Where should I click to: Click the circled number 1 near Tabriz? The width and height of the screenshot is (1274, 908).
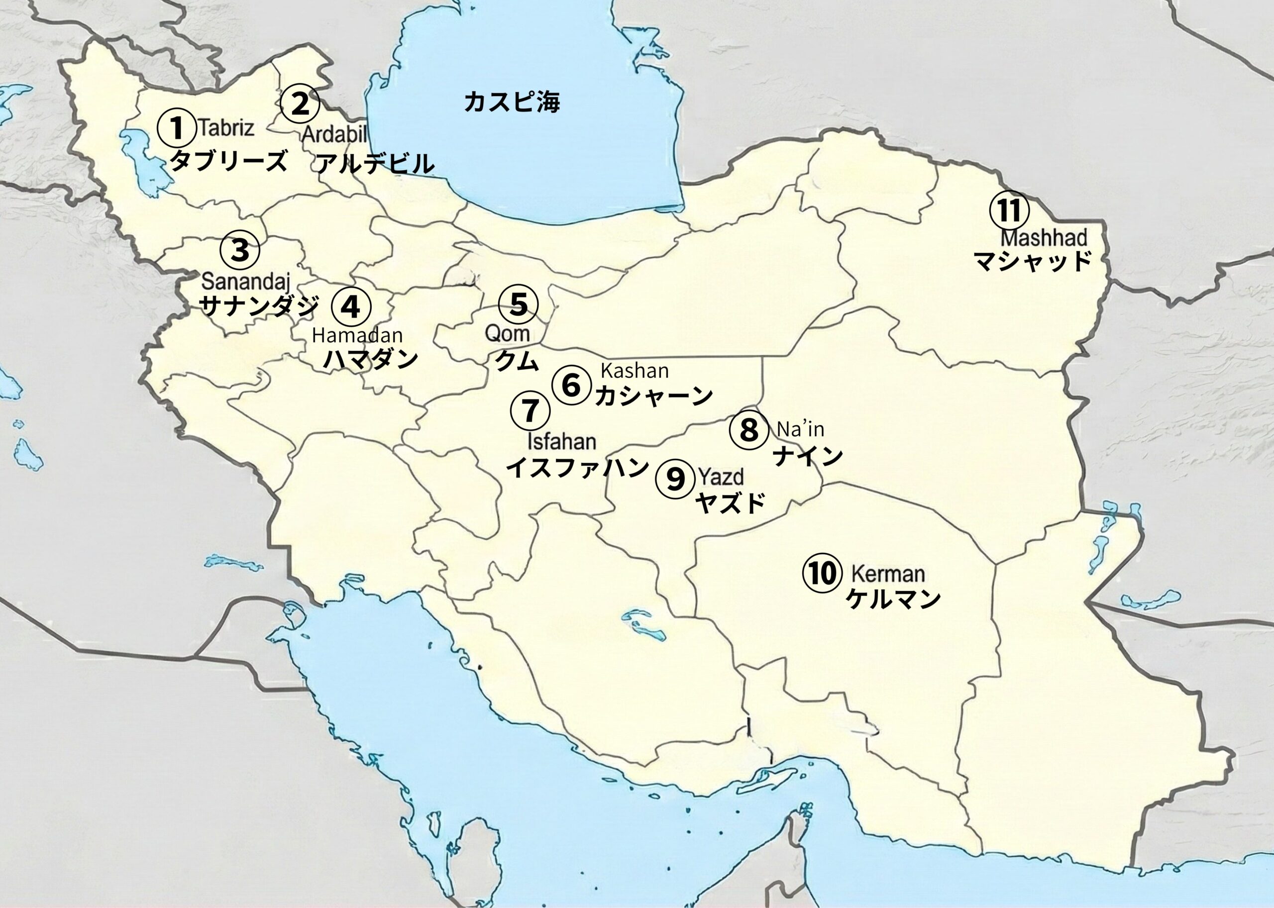click(x=176, y=127)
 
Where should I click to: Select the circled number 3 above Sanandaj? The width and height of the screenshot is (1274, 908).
click(x=240, y=250)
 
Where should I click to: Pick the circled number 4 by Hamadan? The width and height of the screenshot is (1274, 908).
click(x=351, y=307)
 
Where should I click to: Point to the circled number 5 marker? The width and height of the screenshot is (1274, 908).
click(x=519, y=304)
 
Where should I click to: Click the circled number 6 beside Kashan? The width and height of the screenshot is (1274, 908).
click(x=571, y=385)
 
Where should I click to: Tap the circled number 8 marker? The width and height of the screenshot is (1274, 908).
click(x=748, y=430)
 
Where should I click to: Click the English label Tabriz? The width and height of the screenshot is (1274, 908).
click(x=226, y=128)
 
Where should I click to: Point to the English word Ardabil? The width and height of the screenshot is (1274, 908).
click(x=334, y=134)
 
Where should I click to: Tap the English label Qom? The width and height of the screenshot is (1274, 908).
click(x=507, y=334)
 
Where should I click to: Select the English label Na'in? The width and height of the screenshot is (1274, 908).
click(x=800, y=429)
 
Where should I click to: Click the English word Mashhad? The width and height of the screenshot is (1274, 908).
click(x=1044, y=238)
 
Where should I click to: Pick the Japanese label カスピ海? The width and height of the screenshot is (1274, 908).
click(x=511, y=102)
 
